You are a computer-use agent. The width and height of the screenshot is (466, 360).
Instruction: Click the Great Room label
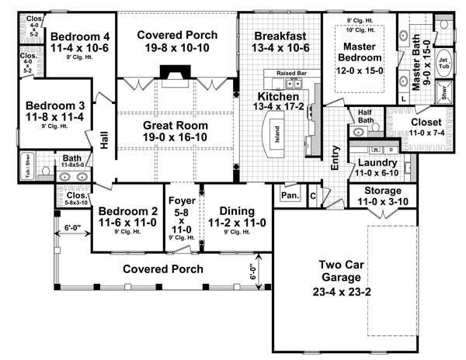point(175,125)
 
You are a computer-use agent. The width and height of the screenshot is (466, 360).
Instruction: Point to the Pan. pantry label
point(290,196)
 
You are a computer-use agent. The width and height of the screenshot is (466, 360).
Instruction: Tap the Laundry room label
point(377,163)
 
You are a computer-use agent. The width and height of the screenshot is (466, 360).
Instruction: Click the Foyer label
point(181,197)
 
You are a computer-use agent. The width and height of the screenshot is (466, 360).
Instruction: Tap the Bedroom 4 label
point(80,35)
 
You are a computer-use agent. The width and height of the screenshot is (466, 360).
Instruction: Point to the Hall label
point(104,140)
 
